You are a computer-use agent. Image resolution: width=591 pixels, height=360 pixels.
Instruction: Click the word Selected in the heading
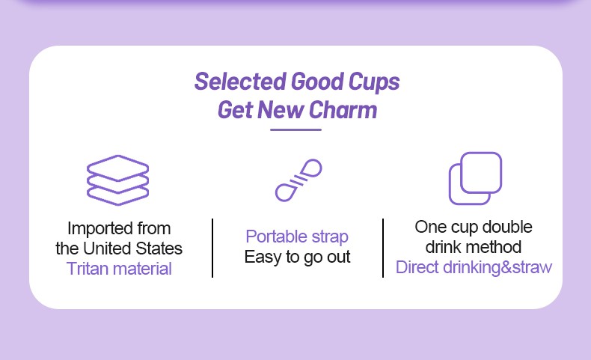[x=240, y=82]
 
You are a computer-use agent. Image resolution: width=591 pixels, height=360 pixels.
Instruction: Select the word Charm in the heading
[x=343, y=110]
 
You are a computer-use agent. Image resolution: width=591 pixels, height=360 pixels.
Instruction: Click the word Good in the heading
[x=317, y=82]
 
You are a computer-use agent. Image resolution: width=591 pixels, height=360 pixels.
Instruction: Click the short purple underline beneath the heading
[x=296, y=129]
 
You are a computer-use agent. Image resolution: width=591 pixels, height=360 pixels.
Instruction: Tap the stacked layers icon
[x=118, y=180]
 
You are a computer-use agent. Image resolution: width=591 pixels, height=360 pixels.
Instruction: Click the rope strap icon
[x=298, y=180]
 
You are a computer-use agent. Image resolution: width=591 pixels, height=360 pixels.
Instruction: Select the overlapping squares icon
[x=475, y=178]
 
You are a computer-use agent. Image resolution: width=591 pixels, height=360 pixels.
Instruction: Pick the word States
[x=159, y=248]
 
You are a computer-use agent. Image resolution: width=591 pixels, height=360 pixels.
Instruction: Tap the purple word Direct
[x=417, y=267]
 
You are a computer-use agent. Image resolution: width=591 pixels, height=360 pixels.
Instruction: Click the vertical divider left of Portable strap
[x=212, y=248]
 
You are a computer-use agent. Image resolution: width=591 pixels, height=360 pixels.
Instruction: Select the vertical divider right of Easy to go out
[x=383, y=248]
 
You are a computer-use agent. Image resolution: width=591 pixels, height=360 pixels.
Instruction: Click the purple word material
[x=142, y=269]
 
